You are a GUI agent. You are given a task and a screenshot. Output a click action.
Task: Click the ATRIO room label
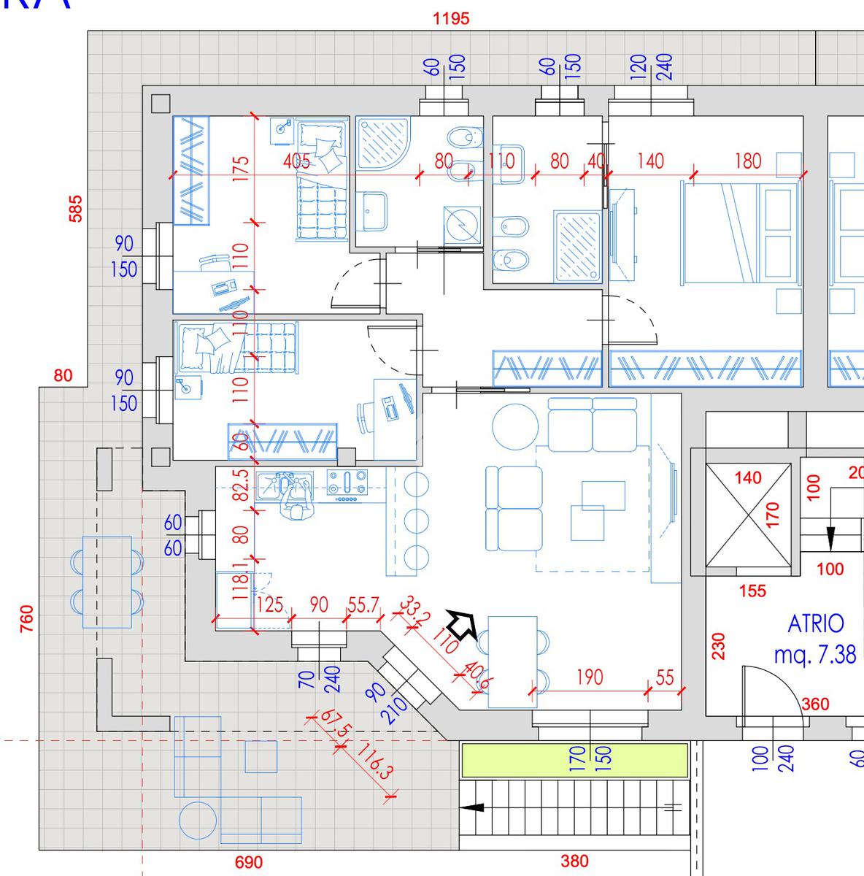(x=816, y=624)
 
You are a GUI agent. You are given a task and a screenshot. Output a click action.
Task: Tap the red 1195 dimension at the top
(x=451, y=18)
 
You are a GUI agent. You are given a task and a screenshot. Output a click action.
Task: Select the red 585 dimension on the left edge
(x=76, y=208)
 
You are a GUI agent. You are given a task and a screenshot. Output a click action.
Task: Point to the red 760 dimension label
(x=27, y=619)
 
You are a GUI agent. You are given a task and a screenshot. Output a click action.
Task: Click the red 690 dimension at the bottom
(x=248, y=863)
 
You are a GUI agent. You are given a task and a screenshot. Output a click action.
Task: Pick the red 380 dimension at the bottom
(x=575, y=862)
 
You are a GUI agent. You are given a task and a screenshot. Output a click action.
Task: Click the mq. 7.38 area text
(x=815, y=655)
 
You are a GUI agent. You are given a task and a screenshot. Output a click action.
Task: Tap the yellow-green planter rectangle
(x=574, y=760)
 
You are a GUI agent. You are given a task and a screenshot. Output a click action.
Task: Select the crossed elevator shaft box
(x=749, y=515)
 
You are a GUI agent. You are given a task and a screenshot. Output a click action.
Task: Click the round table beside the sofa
(x=515, y=427)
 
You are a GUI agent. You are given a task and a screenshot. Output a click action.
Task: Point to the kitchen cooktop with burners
(x=347, y=485)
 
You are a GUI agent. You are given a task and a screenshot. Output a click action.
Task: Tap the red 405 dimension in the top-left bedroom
(x=296, y=161)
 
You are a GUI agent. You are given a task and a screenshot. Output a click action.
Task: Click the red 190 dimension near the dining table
(x=590, y=677)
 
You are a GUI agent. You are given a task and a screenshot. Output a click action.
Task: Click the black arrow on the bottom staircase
(x=473, y=807)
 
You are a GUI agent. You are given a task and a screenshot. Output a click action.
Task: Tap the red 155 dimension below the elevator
(x=752, y=591)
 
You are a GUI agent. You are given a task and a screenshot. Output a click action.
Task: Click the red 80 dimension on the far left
(x=63, y=376)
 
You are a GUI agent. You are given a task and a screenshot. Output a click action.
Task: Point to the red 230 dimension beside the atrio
(x=719, y=645)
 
